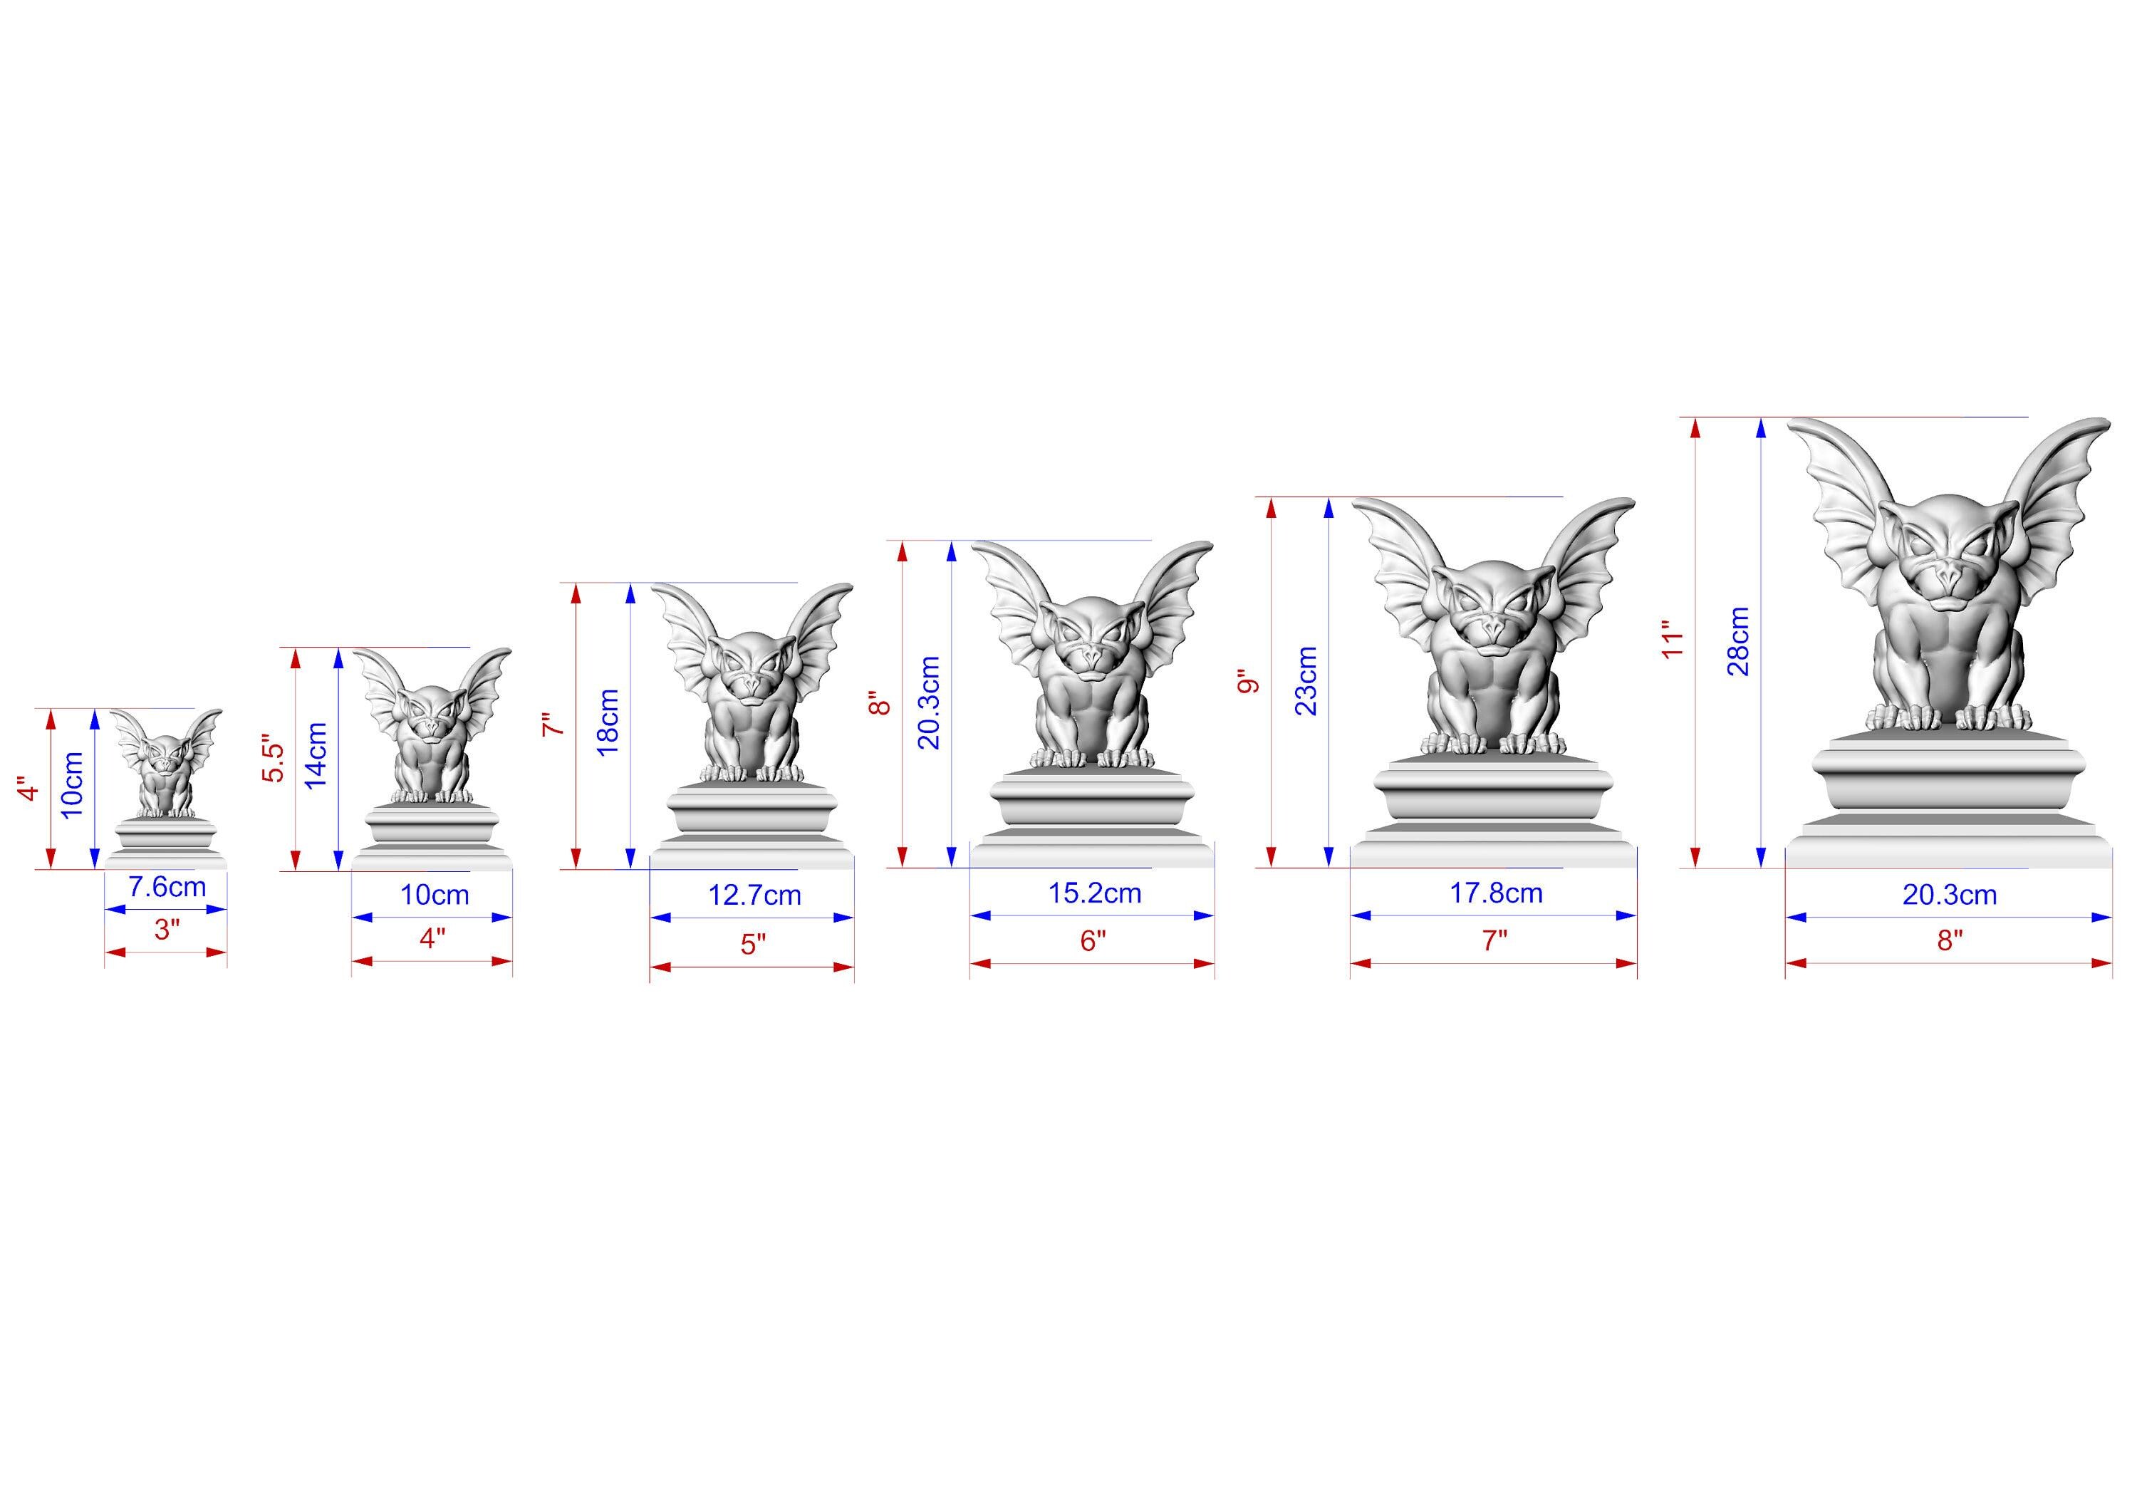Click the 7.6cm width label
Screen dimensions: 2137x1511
(167, 886)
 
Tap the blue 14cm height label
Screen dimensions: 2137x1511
(316, 755)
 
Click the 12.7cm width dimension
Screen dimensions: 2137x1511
(755, 895)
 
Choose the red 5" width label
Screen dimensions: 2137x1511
(753, 944)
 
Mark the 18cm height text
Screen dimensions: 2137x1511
(607, 722)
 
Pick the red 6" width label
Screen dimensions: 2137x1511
(1093, 940)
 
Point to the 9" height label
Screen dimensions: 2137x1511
(1247, 682)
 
